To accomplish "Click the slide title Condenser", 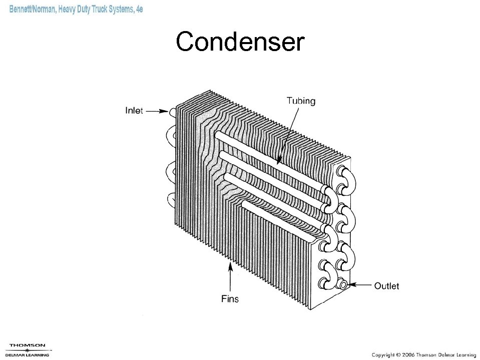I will coord(240,43).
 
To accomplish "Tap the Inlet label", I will coord(134,111).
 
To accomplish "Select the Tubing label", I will coord(301,101).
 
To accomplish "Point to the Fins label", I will coord(230,299).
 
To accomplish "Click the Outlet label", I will coord(386,286).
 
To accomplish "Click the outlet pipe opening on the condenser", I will coord(343,284).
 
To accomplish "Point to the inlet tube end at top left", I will coord(172,112).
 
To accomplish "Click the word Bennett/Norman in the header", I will coord(32,10).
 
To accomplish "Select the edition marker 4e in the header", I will coord(138,10).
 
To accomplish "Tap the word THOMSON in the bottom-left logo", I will coord(28,345).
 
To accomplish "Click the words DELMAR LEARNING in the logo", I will coord(28,354).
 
